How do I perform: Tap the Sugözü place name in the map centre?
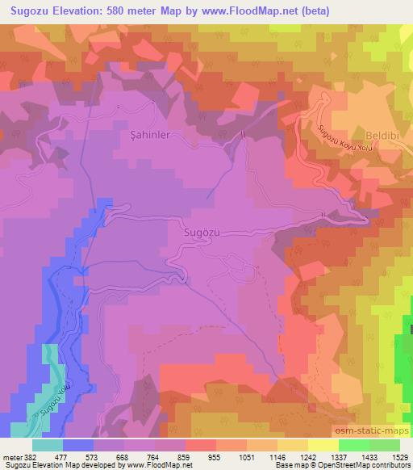pos(202,233)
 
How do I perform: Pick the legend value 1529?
pos(401,456)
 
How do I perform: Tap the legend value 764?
pos(154,456)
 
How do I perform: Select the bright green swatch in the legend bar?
pos(353,445)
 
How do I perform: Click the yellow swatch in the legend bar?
pos(323,445)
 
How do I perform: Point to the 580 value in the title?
pos(119,9)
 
